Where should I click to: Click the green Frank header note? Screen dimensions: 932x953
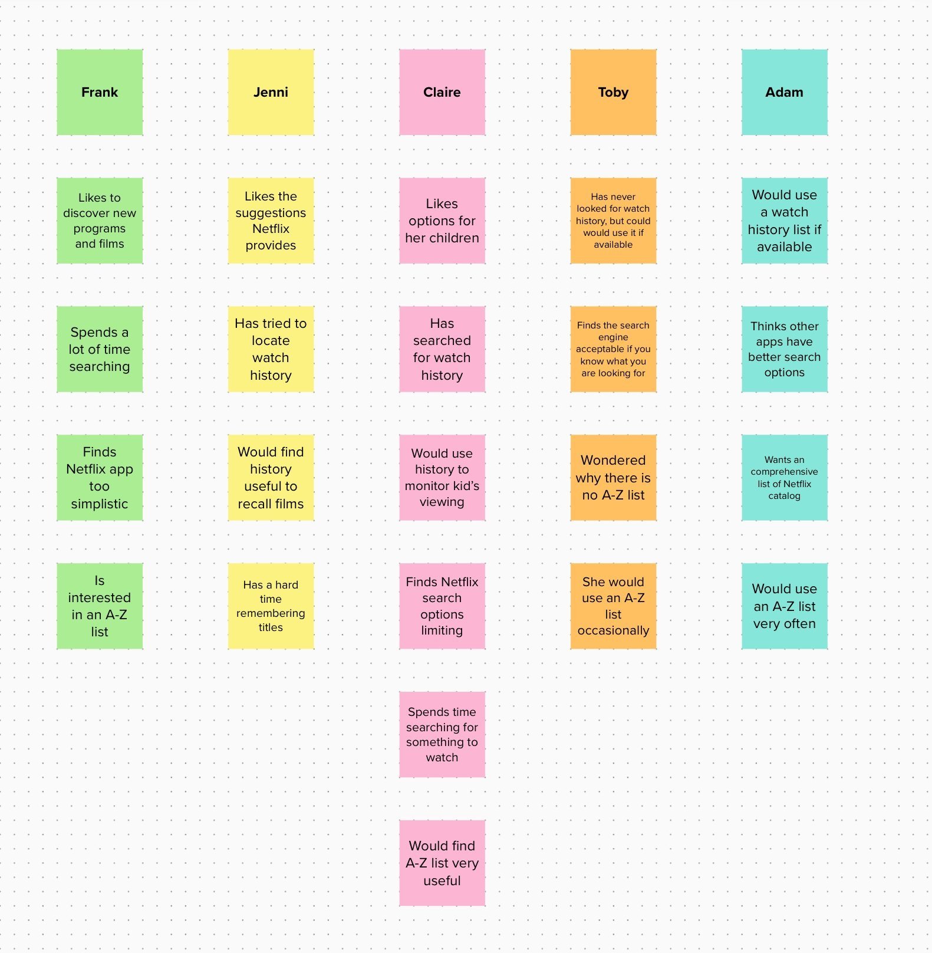[x=100, y=92]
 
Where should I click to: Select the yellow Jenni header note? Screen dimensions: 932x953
[x=271, y=92]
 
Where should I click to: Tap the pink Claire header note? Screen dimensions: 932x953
[x=442, y=92]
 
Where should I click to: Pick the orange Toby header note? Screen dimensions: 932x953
[x=613, y=92]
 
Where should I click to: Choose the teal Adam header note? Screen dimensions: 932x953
[x=784, y=92]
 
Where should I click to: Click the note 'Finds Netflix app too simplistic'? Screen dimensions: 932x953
[x=100, y=477]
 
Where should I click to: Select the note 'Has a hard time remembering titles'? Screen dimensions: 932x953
[x=271, y=606]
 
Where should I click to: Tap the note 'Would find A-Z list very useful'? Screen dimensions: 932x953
[x=442, y=863]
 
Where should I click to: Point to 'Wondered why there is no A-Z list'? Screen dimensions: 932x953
[x=613, y=477]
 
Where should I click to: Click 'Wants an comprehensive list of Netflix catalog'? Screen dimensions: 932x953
[x=784, y=477]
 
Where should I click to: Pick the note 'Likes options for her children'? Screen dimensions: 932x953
[x=442, y=221]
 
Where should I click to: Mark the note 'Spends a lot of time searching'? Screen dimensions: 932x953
[x=100, y=349]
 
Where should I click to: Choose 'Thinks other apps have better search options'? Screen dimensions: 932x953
[x=784, y=349]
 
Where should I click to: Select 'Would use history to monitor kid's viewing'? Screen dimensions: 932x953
[x=442, y=477]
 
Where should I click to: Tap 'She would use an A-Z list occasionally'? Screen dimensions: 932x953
[x=613, y=606]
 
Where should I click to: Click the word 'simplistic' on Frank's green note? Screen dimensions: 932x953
[x=100, y=504]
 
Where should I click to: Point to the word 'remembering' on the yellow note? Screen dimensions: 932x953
[x=271, y=613]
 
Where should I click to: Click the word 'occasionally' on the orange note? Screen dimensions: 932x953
[x=613, y=630]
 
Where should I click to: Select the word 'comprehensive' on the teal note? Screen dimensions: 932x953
[x=784, y=472]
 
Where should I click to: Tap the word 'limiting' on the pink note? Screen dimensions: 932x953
[x=442, y=630]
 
